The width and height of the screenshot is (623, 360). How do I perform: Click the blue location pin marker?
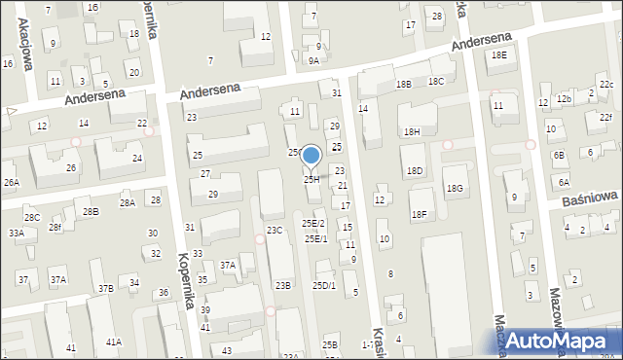coord(311,157)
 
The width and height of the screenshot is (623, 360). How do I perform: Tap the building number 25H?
coord(311,179)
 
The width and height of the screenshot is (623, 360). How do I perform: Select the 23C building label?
coord(275,230)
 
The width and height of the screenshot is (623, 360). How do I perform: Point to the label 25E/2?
coord(313,224)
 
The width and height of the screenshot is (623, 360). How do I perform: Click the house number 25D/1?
coord(323,285)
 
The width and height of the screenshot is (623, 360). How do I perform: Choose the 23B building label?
coord(282,285)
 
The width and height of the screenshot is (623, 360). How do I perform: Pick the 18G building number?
coord(455,188)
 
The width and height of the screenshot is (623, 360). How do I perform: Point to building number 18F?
coord(420,214)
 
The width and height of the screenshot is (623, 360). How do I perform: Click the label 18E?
coord(498,55)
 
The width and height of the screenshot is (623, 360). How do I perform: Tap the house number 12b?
coord(564,99)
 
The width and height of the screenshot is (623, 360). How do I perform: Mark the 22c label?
coord(605,85)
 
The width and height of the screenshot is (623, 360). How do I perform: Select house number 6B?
coord(559,155)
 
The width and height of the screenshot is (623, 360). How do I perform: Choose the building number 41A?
coord(114,342)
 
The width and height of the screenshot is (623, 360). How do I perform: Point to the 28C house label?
coord(32,217)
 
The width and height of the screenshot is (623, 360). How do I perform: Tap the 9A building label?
coord(313,60)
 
